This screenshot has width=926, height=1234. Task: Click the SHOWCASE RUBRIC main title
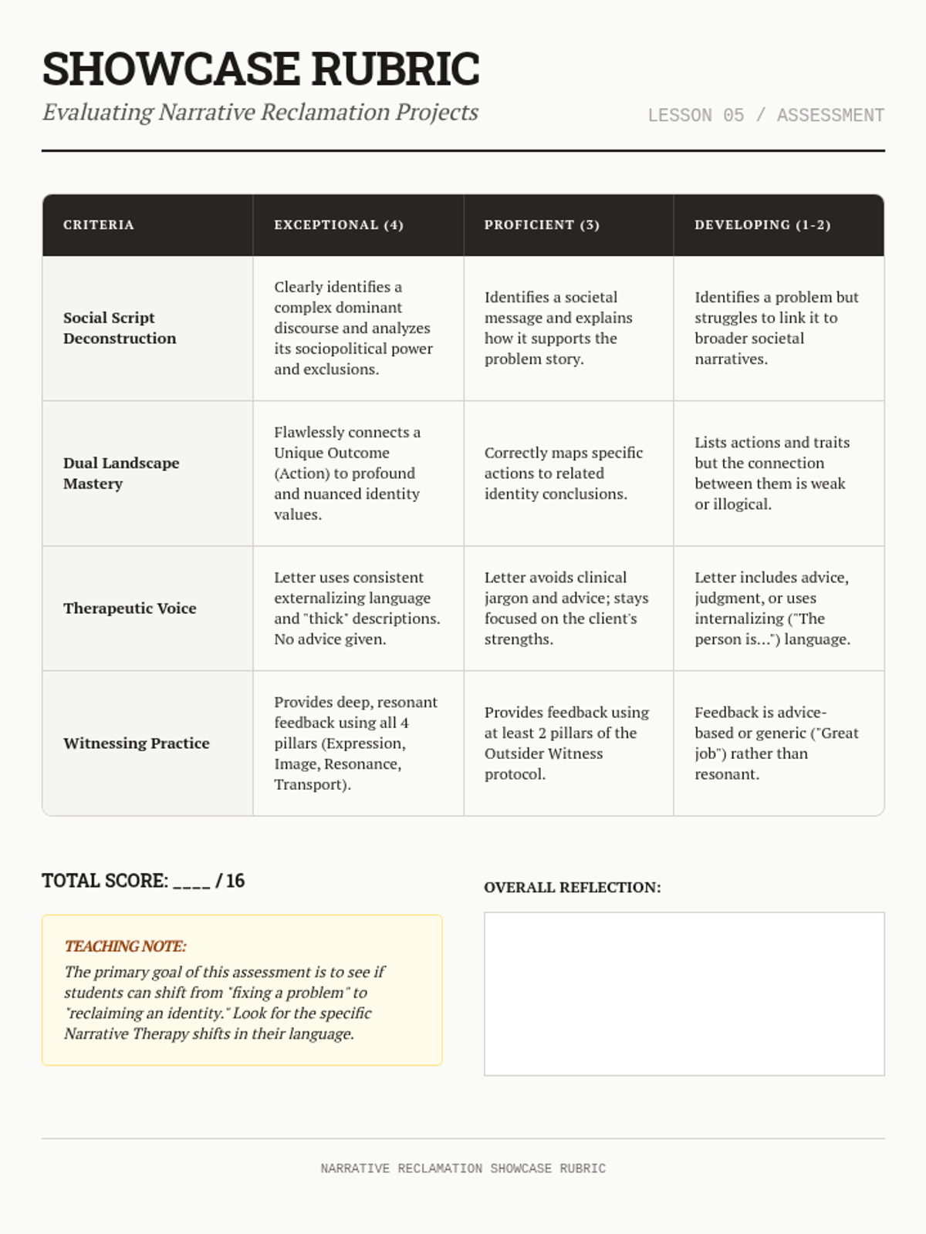(261, 69)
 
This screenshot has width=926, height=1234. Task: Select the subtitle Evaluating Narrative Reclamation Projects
(260, 113)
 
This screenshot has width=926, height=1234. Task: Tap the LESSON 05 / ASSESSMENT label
(765, 116)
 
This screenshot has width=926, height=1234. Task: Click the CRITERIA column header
(99, 225)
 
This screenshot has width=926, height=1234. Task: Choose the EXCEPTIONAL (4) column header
(339, 225)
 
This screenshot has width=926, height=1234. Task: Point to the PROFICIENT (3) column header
(542, 225)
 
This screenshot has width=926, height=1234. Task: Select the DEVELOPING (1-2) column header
(762, 225)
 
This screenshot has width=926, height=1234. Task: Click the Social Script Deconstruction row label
(120, 328)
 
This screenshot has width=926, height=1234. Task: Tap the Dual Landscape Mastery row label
(121, 473)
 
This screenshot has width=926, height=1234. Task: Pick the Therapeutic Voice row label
(130, 608)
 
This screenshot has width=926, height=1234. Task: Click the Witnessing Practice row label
(137, 743)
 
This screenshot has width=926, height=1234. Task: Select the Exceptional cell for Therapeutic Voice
(357, 608)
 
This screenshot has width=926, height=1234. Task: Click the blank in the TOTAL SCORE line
(191, 882)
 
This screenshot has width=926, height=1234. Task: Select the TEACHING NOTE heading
(125, 946)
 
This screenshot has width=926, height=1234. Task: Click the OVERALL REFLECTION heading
(573, 888)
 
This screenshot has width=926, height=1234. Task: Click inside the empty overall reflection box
(684, 993)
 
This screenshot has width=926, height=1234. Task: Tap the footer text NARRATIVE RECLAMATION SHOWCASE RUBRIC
(463, 1168)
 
